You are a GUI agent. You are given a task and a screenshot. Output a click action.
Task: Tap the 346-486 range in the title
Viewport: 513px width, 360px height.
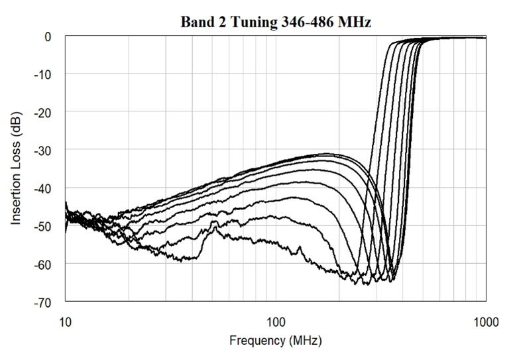(302, 22)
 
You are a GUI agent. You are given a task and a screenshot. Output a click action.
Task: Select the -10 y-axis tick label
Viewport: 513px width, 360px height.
(43, 74)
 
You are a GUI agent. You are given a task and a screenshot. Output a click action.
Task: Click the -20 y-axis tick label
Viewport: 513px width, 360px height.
(43, 113)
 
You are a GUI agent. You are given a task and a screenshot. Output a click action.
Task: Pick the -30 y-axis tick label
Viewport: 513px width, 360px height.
(43, 150)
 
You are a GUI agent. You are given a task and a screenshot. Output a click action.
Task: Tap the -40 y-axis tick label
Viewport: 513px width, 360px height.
(43, 189)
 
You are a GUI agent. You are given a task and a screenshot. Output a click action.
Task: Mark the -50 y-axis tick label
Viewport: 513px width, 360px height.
(43, 227)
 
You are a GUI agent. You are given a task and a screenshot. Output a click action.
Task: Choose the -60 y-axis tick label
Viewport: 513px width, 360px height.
(43, 265)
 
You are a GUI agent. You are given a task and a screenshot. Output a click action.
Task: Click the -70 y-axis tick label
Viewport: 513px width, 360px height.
(43, 303)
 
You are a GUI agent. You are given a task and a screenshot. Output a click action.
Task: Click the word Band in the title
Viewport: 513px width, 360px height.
(195, 22)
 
